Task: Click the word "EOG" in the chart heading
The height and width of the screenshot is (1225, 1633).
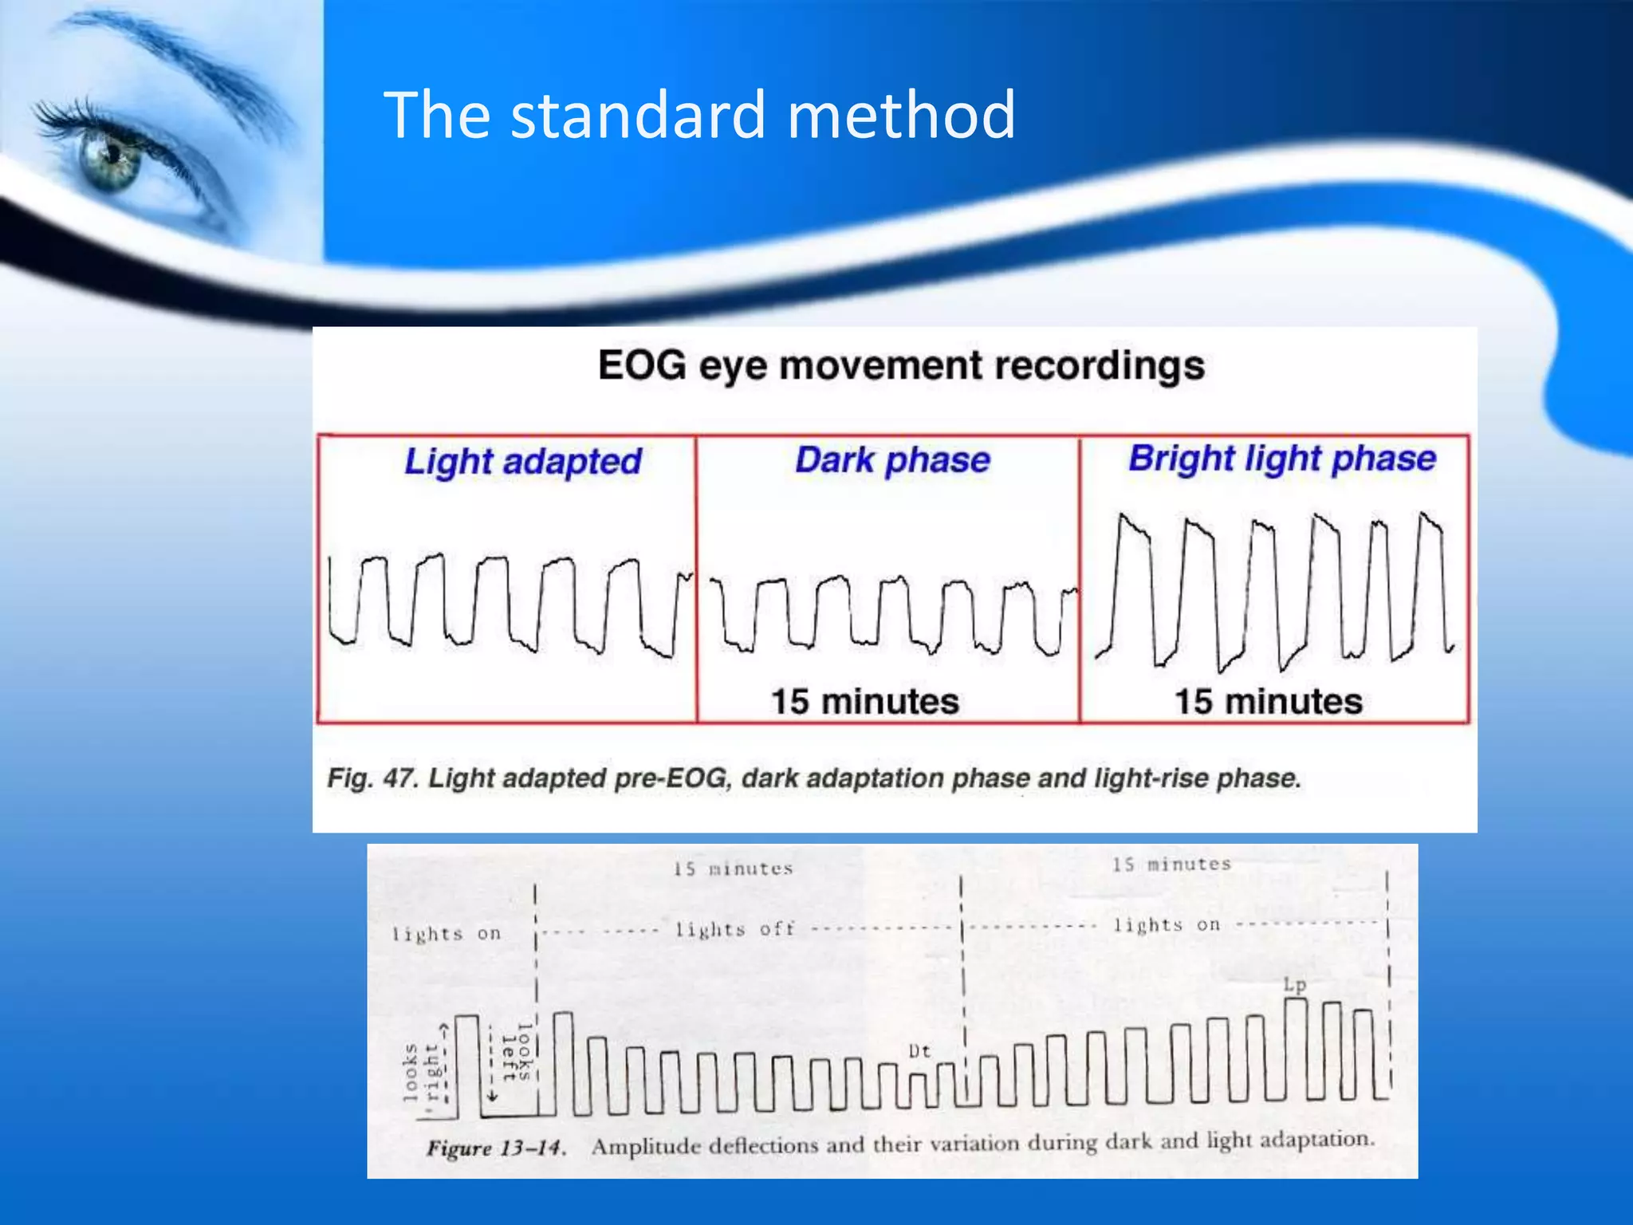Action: point(642,366)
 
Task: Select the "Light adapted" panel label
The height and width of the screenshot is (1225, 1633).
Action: point(522,462)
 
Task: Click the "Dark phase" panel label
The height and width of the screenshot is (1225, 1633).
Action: point(892,460)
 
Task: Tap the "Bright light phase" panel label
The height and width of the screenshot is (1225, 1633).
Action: point(1281,459)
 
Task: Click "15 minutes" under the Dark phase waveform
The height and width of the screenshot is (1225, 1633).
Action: point(865,702)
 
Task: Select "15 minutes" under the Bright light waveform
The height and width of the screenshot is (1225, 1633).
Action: point(1269,702)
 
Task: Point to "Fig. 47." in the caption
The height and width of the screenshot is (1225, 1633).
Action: point(372,778)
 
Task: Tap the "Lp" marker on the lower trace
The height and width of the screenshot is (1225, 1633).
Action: point(1295,985)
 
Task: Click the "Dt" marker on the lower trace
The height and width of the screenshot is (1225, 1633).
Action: point(919,1051)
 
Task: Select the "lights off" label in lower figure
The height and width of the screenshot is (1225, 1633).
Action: point(734,930)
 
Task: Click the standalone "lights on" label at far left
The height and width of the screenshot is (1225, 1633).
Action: point(447,934)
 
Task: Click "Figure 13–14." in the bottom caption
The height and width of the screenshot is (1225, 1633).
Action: point(496,1148)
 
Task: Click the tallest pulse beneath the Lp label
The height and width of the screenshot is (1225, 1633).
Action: point(1297,1045)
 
